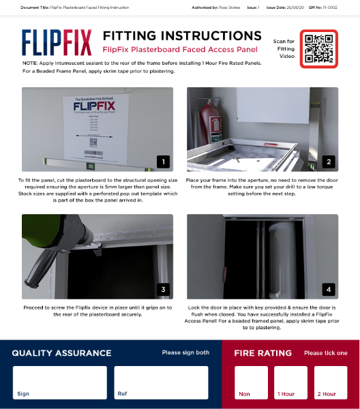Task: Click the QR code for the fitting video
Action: tap(318, 48)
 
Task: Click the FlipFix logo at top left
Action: tap(57, 42)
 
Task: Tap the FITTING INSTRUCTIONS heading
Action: tap(181, 36)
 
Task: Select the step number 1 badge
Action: tap(163, 162)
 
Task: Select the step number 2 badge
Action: tap(329, 162)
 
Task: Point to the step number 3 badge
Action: tap(163, 289)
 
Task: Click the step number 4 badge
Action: tap(329, 289)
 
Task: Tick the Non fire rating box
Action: tap(251, 382)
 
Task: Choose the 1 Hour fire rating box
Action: tap(290, 382)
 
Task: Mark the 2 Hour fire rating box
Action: tap(329, 382)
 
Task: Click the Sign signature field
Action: tap(60, 382)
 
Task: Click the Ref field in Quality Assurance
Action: tap(161, 382)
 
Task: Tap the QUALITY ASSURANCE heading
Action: tap(61, 353)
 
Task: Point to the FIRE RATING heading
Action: tap(262, 353)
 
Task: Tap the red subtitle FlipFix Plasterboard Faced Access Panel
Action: tap(180, 50)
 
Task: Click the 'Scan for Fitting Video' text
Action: tap(284, 49)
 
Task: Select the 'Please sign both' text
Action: tap(185, 353)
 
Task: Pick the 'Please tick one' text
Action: tap(325, 353)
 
